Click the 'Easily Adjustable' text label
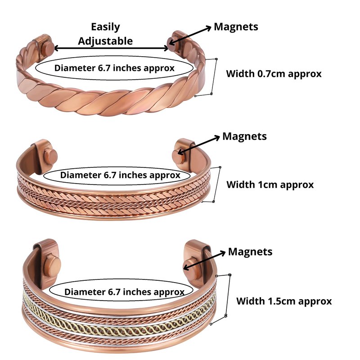tap(105, 34)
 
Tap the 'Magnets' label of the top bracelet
tap(236, 27)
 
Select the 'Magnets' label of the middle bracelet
tap(244, 136)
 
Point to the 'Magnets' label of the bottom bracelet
tap(250, 252)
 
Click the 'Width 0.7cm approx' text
tap(274, 74)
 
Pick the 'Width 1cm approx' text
tap(270, 184)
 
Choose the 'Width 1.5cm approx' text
tap(284, 301)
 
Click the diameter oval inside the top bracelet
tap(114, 68)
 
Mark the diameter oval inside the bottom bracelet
tap(124, 292)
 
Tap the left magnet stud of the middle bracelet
tap(50, 158)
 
